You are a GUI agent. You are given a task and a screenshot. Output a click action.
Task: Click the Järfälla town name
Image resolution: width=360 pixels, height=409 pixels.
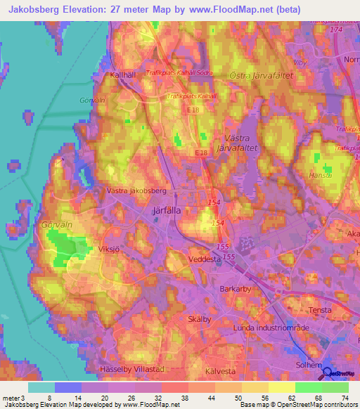click(167, 209)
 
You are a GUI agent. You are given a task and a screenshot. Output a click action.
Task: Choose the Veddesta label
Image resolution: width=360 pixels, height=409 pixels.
click(205, 259)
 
